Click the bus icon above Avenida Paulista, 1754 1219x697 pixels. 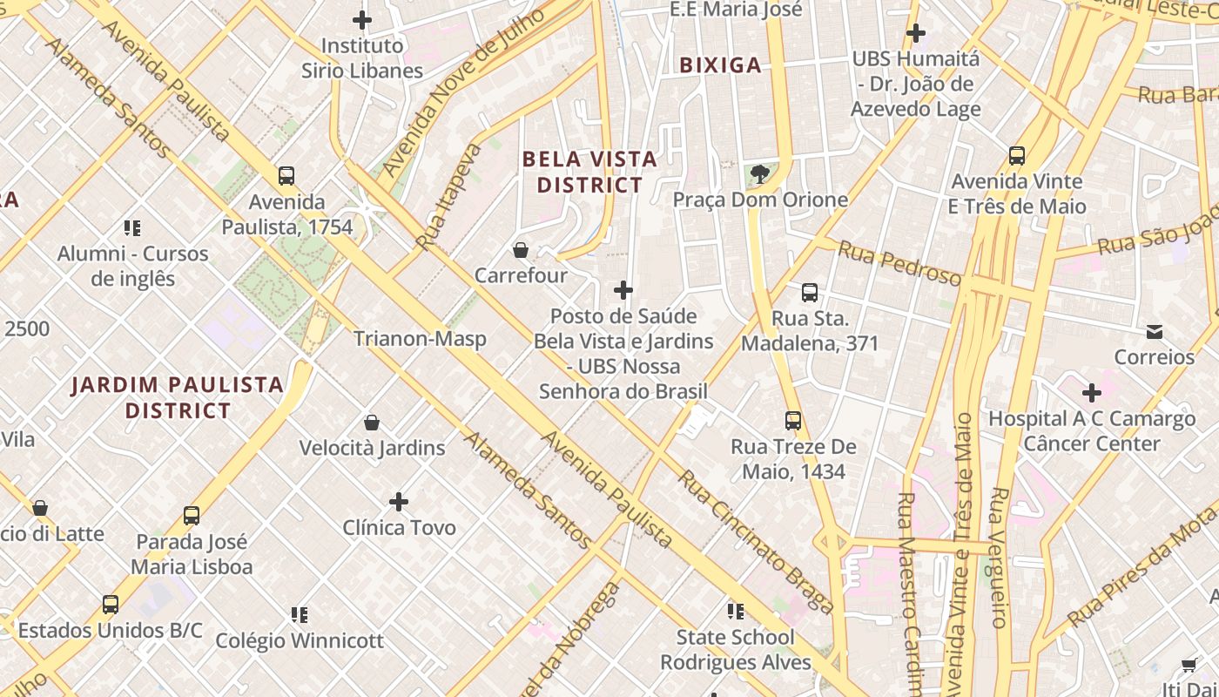tap(286, 176)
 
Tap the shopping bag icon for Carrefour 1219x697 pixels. tap(521, 250)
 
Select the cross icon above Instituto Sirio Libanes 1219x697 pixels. tap(362, 19)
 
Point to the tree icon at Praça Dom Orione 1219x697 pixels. tap(760, 173)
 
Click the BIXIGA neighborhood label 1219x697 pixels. tap(720, 65)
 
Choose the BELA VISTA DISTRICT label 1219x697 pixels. tap(589, 172)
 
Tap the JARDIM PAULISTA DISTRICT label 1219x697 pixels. tap(178, 397)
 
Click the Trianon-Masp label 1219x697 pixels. tap(420, 339)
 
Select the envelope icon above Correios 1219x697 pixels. tap(1155, 331)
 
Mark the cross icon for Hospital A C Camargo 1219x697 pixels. tap(1092, 393)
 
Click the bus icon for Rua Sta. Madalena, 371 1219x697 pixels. tap(810, 293)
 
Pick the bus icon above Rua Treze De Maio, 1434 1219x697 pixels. tap(793, 421)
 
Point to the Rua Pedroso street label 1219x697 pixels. tap(899, 264)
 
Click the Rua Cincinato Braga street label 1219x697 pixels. tap(756, 542)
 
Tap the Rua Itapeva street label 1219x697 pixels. tap(449, 197)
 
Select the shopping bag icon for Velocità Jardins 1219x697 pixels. tap(372, 423)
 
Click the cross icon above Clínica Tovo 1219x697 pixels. tap(399, 502)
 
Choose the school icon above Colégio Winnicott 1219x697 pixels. tap(300, 615)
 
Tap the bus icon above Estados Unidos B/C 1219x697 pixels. tap(111, 604)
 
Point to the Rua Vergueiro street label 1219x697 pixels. tap(999, 558)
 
